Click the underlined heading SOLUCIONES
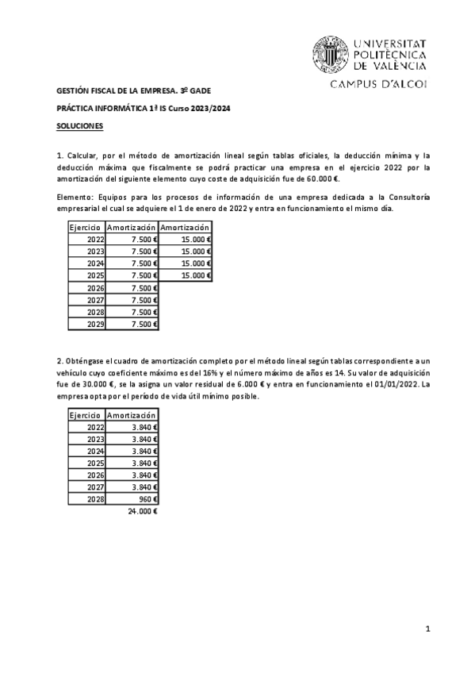tap(79, 126)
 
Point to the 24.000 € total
tap(143, 511)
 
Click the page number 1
tap(427, 629)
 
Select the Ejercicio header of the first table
tap(85, 227)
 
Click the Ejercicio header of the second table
tap(85, 415)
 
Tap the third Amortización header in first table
tap(185, 227)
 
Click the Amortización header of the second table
tap(132, 415)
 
